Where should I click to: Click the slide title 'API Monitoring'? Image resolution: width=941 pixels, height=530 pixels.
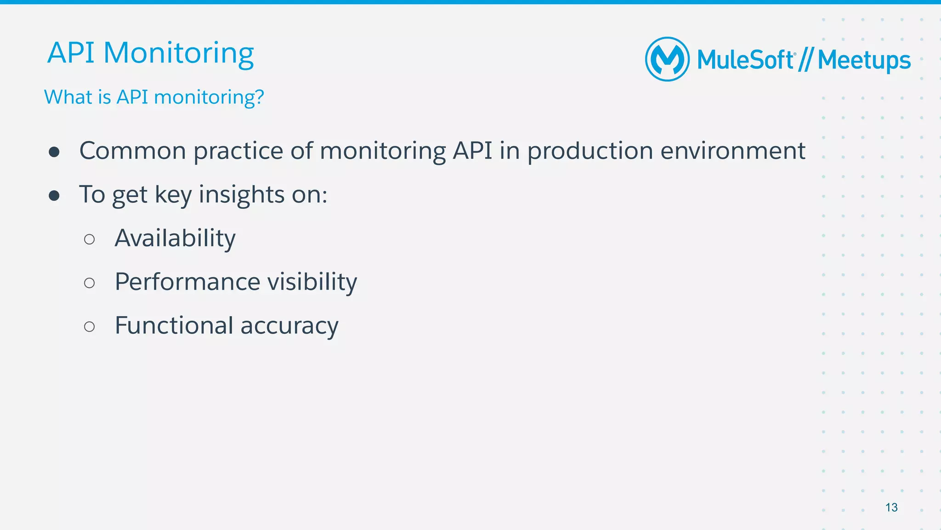[150, 53]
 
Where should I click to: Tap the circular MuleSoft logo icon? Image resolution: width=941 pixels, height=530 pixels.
[667, 59]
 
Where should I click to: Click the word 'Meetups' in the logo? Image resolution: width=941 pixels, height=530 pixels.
[864, 60]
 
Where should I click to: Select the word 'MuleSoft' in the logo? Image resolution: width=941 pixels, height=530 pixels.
[745, 60]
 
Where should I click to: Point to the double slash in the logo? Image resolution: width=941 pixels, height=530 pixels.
[805, 60]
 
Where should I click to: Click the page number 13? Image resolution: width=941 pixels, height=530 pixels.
[891, 507]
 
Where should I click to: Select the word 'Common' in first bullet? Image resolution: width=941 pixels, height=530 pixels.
[132, 151]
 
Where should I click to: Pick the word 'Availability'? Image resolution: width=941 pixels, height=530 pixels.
[175, 239]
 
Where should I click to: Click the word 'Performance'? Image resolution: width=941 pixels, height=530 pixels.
[187, 282]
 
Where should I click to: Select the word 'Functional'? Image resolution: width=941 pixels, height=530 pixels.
[174, 325]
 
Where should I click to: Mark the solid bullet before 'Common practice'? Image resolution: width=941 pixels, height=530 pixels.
[54, 152]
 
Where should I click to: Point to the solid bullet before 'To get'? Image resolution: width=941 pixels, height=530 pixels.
[54, 196]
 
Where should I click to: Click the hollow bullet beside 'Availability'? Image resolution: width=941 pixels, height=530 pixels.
[90, 239]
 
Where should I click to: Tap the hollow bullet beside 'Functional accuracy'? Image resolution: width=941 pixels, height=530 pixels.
[90, 326]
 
